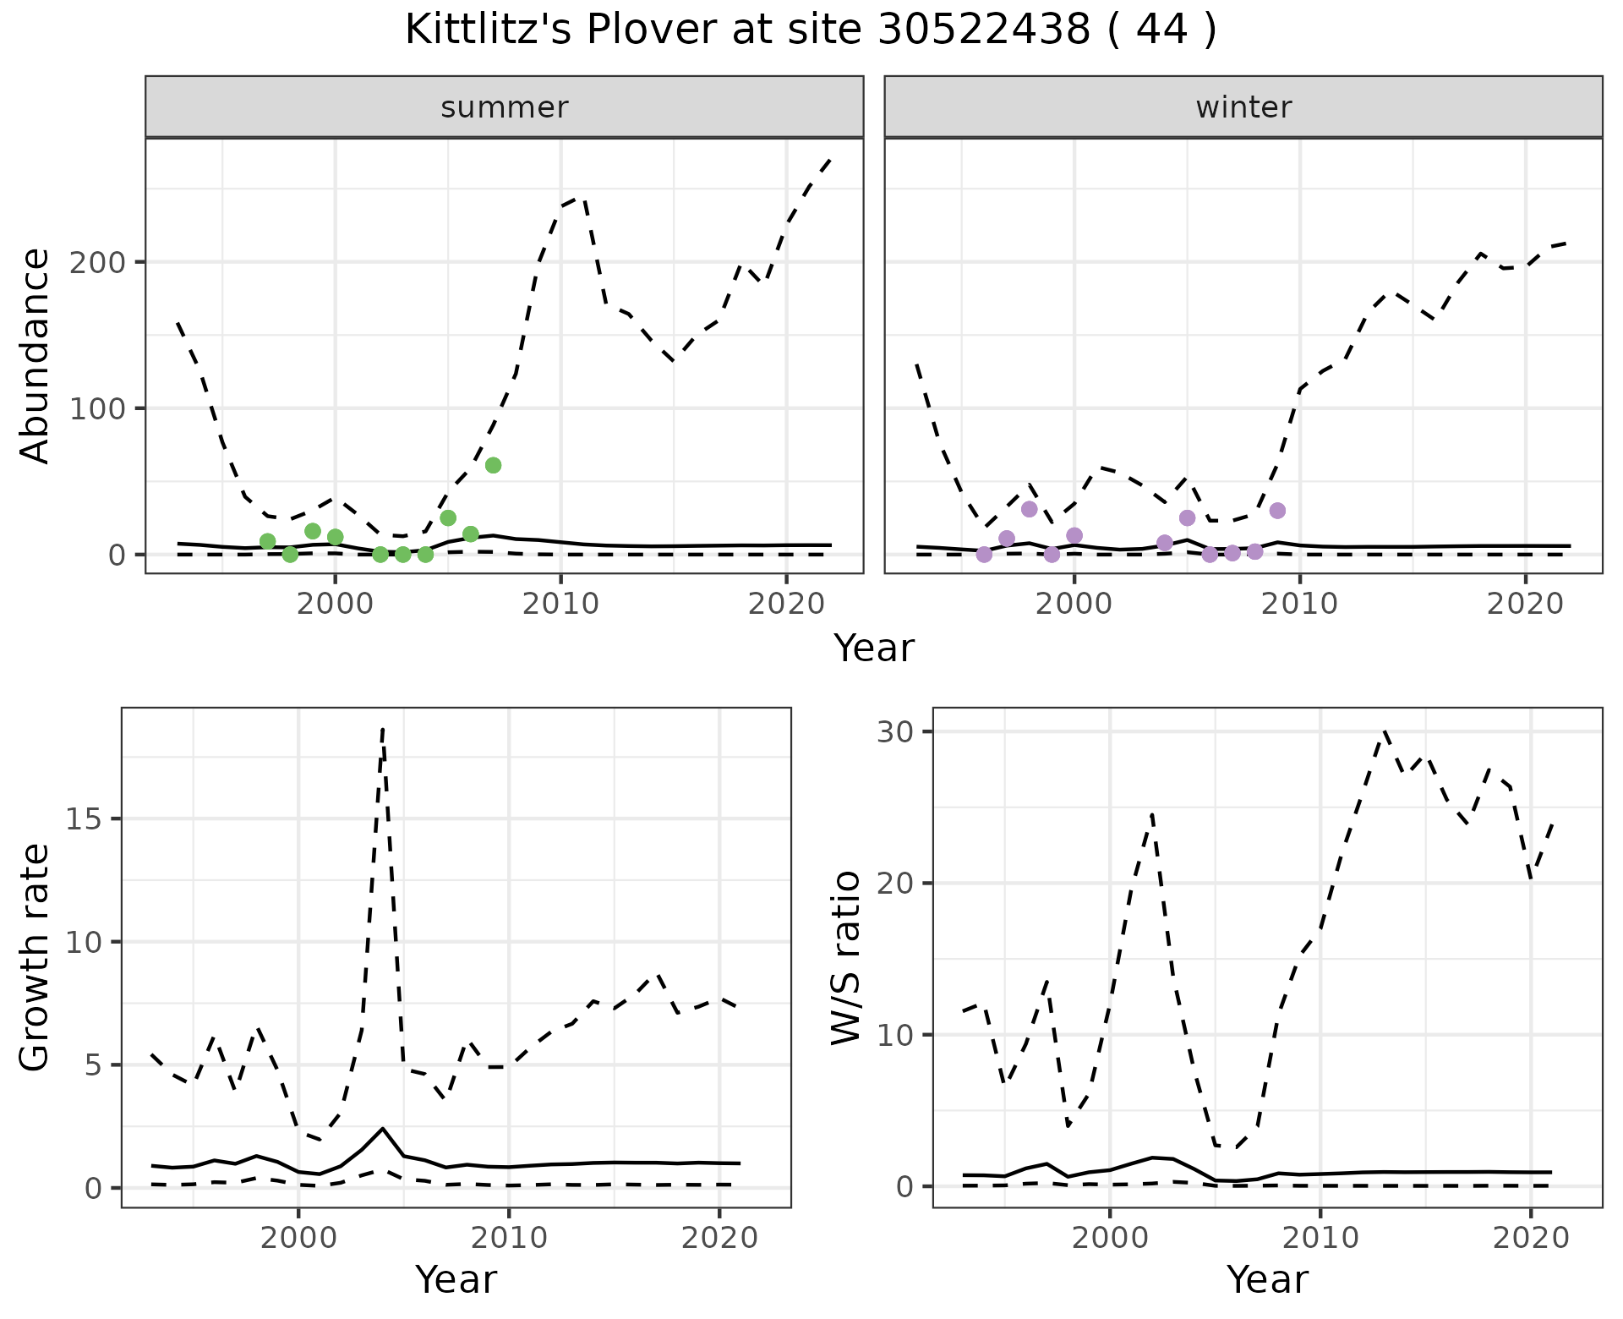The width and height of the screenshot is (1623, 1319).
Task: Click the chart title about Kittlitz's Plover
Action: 811,30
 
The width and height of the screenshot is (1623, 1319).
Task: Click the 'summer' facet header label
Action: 505,107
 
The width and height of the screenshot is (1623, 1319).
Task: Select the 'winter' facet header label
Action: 1243,107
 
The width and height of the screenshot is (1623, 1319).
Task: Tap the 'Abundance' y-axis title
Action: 36,356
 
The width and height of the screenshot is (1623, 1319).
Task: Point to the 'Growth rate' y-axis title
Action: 36,958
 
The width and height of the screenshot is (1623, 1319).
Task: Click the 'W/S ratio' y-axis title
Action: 846,958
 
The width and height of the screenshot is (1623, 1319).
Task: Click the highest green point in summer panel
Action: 494,465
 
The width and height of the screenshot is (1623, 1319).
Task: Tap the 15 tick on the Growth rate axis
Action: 86,819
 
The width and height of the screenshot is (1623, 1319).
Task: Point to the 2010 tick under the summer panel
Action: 560,604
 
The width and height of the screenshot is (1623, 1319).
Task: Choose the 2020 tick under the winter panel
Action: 1526,604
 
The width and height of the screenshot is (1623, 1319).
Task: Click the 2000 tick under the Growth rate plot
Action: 298,1238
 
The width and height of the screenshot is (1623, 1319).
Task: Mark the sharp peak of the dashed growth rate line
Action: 383,728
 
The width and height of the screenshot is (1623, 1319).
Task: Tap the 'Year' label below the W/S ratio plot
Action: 1267,1279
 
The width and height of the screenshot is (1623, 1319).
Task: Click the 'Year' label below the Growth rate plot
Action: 456,1279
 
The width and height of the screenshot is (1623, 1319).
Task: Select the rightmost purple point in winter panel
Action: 1277,511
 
